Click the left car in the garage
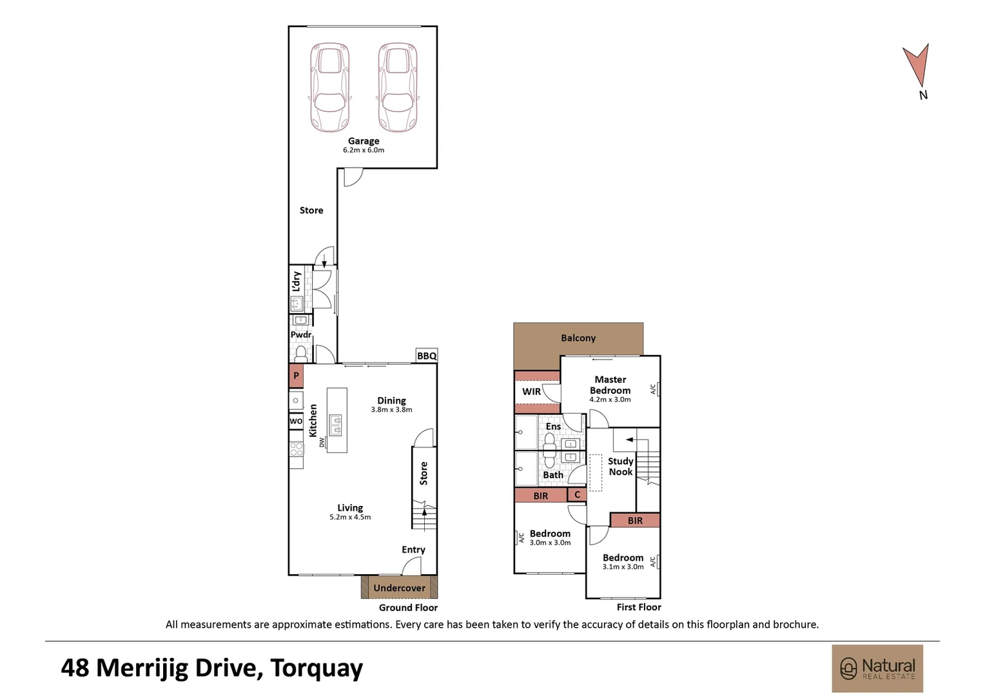pyautogui.click(x=330, y=88)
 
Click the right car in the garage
pyautogui.click(x=398, y=88)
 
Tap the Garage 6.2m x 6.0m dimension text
pyautogui.click(x=364, y=150)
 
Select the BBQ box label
pyautogui.click(x=427, y=356)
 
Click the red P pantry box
pyautogui.click(x=296, y=376)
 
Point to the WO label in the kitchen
pyautogui.click(x=296, y=421)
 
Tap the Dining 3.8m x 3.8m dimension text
pyautogui.click(x=391, y=410)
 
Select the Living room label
pyautogui.click(x=350, y=508)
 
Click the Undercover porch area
pyautogui.click(x=399, y=588)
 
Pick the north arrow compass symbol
pyautogui.click(x=917, y=67)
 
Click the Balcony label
pyautogui.click(x=578, y=338)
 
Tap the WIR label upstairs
pyautogui.click(x=531, y=392)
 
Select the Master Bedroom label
pyautogui.click(x=610, y=385)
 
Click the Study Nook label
pyautogui.click(x=620, y=467)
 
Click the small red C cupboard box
pyautogui.click(x=577, y=495)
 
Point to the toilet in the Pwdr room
pyautogui.click(x=300, y=353)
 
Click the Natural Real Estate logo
pyautogui.click(x=877, y=668)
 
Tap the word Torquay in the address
pyautogui.click(x=317, y=668)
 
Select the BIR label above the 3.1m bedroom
pyautogui.click(x=635, y=521)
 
